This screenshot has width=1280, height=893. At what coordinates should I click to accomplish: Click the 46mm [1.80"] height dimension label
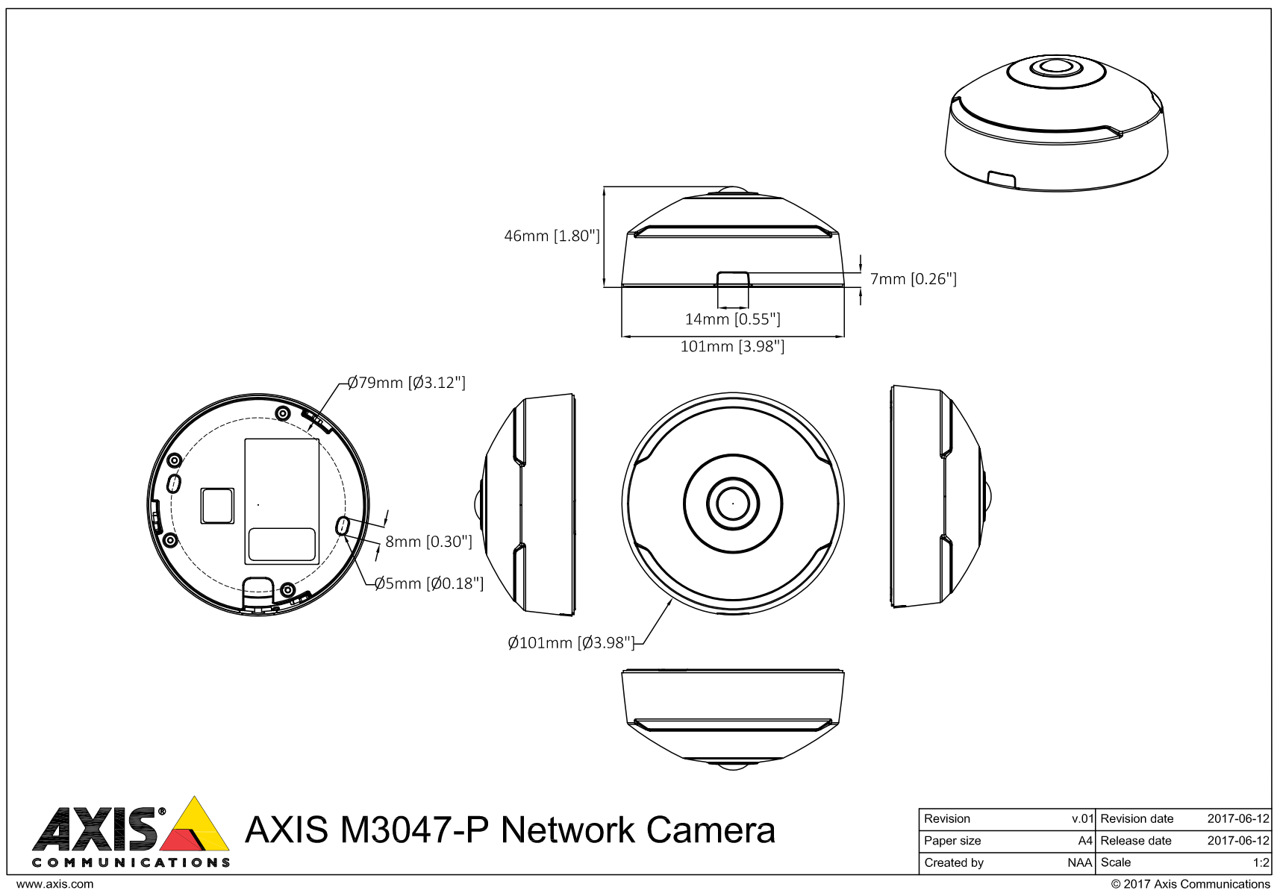click(x=552, y=236)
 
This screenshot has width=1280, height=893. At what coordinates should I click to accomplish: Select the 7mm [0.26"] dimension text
click(x=913, y=279)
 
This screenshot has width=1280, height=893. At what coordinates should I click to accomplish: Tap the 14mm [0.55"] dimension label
click(x=732, y=319)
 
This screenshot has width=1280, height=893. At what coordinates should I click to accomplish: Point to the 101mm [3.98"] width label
click(x=732, y=346)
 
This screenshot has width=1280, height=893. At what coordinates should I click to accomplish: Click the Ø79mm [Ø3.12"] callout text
click(x=407, y=383)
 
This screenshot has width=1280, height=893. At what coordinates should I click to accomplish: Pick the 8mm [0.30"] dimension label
click(x=428, y=542)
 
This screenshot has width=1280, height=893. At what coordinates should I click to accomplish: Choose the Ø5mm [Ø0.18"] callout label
click(x=429, y=583)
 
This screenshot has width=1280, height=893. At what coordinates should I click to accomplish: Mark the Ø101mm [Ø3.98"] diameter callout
click(x=571, y=642)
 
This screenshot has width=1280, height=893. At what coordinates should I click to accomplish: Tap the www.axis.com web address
click(x=55, y=884)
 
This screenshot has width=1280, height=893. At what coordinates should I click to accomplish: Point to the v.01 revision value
click(x=1082, y=818)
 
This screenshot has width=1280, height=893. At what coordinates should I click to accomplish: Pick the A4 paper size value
click(x=1085, y=841)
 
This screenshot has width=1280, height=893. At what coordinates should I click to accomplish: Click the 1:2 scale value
click(x=1261, y=862)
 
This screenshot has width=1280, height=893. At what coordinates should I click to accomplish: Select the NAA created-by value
click(x=1079, y=862)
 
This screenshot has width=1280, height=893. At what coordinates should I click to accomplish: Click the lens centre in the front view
click(x=733, y=504)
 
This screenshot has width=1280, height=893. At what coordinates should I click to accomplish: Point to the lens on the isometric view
click(x=1055, y=67)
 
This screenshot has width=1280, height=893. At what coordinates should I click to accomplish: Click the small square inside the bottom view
click(x=217, y=505)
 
